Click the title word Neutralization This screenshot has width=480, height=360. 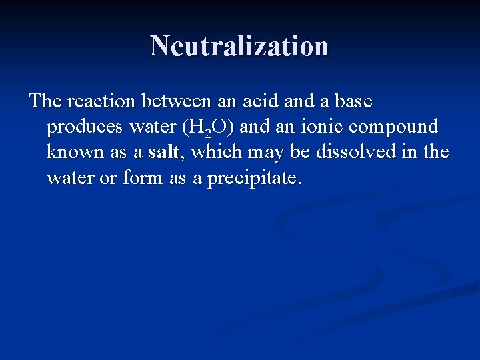[239, 46]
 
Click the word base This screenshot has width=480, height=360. [351, 101]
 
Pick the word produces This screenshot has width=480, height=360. [84, 127]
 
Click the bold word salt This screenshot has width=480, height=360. [163, 153]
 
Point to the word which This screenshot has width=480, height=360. [218, 153]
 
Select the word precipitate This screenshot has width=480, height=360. [255, 179]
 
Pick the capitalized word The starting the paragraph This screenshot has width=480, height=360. [45, 101]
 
